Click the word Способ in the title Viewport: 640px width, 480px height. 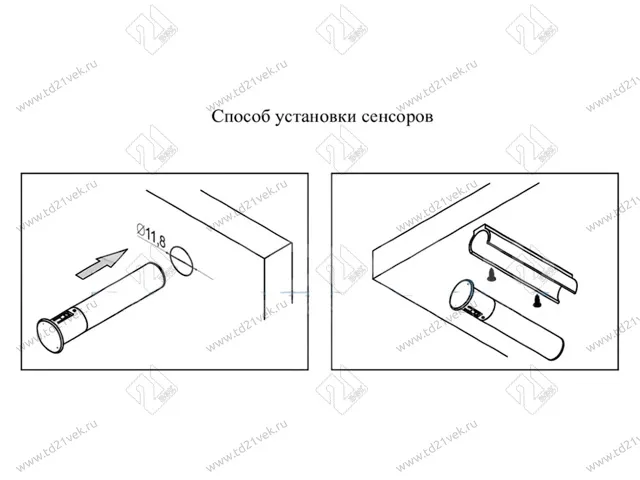click(240, 116)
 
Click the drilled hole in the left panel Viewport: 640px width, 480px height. click(181, 260)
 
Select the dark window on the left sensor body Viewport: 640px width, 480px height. click(66, 318)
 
